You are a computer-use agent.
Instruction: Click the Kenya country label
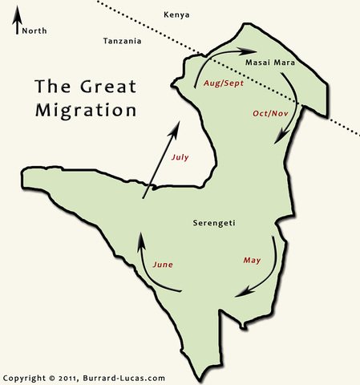(x=176, y=15)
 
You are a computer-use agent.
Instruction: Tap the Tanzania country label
(x=123, y=41)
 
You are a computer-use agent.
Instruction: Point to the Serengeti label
(x=214, y=222)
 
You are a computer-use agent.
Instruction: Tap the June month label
(x=162, y=264)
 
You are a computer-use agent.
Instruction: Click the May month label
(x=252, y=261)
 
